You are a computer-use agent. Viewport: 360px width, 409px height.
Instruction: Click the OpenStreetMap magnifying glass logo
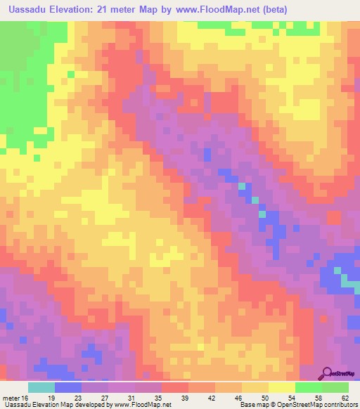coord(328,373)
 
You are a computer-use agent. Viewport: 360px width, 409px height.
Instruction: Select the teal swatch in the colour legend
coord(41,387)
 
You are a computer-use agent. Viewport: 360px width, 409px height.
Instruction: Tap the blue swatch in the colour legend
coord(68,387)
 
